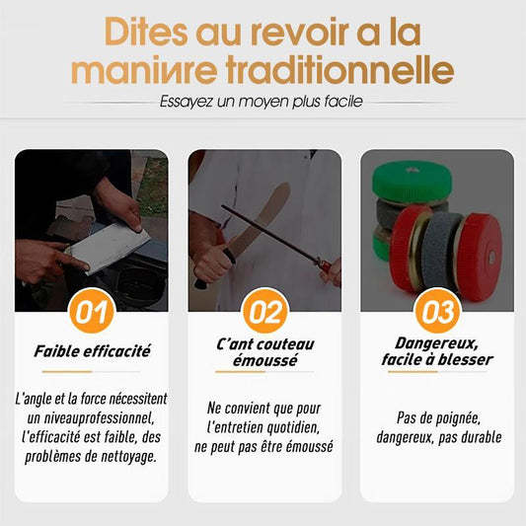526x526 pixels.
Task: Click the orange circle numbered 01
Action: (92, 311)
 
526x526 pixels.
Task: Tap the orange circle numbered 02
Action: (265, 311)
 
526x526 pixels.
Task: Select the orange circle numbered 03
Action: (437, 311)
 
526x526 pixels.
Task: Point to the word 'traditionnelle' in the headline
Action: (339, 70)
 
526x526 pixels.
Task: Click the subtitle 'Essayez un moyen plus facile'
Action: (261, 102)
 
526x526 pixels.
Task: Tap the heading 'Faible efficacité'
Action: (92, 351)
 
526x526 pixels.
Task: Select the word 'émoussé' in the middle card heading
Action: (265, 360)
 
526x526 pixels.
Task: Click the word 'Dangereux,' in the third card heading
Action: (436, 343)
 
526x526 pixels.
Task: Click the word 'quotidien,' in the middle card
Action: (293, 427)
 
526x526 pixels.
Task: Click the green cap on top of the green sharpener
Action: (413, 181)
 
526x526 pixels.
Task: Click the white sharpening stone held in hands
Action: (108, 247)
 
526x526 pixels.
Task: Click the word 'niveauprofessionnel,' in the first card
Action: (91, 418)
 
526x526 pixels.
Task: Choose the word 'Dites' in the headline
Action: (146, 33)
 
